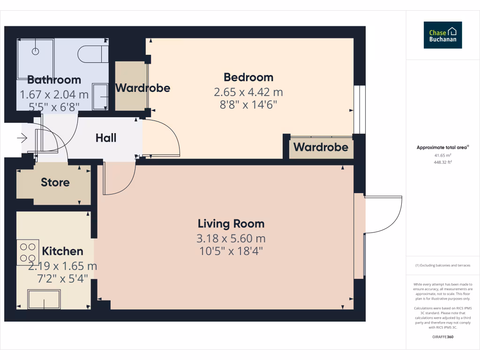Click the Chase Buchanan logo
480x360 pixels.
[x=442, y=35]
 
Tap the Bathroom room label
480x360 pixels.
[x=54, y=80]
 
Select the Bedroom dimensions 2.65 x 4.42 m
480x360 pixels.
[x=248, y=92]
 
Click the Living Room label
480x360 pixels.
[x=231, y=224]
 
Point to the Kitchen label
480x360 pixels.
[x=62, y=251]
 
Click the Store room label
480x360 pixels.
[x=55, y=182]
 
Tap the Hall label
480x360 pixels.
[x=106, y=138]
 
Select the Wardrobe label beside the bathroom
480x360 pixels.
[x=142, y=88]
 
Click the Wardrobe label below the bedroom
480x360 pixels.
[x=321, y=147]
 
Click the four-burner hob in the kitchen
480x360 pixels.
[x=28, y=252]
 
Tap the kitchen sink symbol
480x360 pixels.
[x=44, y=299]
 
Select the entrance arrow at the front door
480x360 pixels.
[x=22, y=138]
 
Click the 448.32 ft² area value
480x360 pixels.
[x=442, y=162]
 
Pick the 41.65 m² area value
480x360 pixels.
[x=442, y=155]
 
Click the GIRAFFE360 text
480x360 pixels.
[x=442, y=337]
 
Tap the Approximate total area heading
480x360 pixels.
[x=442, y=147]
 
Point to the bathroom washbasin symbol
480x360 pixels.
[x=100, y=97]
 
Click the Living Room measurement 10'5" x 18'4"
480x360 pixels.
[x=231, y=251]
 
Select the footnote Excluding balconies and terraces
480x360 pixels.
[x=442, y=265]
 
